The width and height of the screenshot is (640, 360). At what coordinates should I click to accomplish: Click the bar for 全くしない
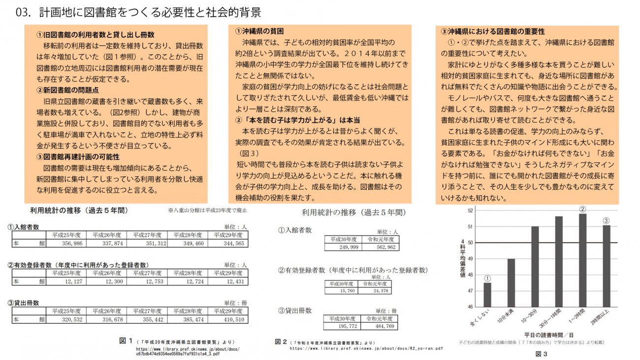click(487, 295)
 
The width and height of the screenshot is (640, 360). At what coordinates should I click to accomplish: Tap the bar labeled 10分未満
click(511, 283)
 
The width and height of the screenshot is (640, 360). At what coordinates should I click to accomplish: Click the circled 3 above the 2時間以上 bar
click(606, 220)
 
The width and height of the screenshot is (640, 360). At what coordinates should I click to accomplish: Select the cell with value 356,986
click(65, 243)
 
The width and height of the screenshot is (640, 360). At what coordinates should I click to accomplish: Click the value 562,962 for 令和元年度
click(381, 247)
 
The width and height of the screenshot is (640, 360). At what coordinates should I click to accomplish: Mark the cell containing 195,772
click(342, 326)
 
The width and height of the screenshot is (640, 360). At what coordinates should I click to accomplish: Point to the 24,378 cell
click(380, 291)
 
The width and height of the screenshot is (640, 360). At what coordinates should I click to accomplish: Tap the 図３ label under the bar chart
click(541, 354)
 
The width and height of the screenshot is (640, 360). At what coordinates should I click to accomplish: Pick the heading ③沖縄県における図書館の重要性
click(492, 31)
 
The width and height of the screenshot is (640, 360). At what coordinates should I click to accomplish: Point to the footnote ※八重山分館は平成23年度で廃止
click(207, 210)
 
